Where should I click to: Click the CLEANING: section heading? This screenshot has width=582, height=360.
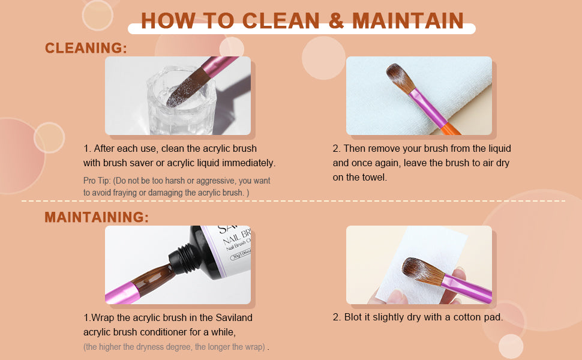point(86,48)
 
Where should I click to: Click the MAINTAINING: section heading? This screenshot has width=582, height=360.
point(97,217)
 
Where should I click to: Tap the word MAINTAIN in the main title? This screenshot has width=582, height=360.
point(408,20)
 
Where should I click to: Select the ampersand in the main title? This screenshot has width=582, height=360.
point(336,20)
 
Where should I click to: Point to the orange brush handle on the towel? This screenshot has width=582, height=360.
point(450,128)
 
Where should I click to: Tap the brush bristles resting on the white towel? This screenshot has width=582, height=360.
point(400,78)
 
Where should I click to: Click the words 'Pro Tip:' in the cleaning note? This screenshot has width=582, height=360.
point(97,181)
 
